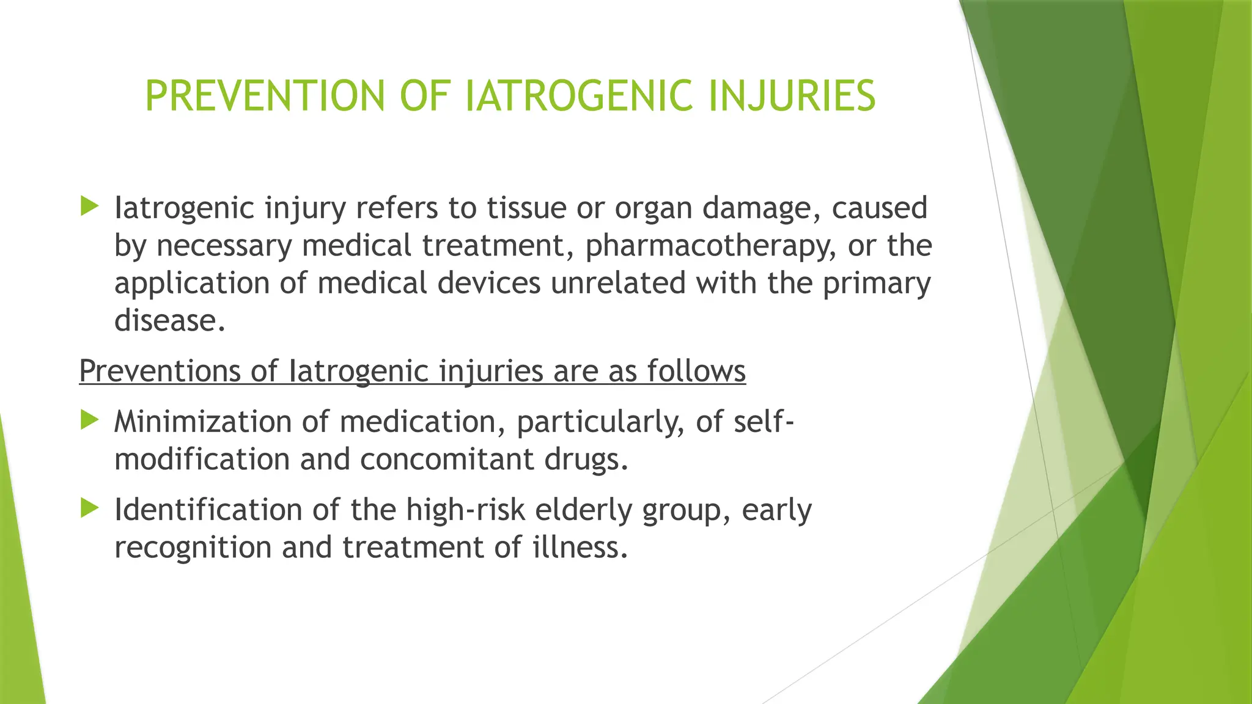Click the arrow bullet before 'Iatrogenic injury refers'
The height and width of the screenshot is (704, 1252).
tap(89, 207)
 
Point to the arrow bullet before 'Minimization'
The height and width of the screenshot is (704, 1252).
tap(89, 420)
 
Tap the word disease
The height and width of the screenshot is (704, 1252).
tap(169, 320)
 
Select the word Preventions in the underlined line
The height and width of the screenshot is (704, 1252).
tap(160, 371)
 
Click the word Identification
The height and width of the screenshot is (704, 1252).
tap(208, 510)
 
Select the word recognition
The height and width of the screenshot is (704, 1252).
tap(193, 548)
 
